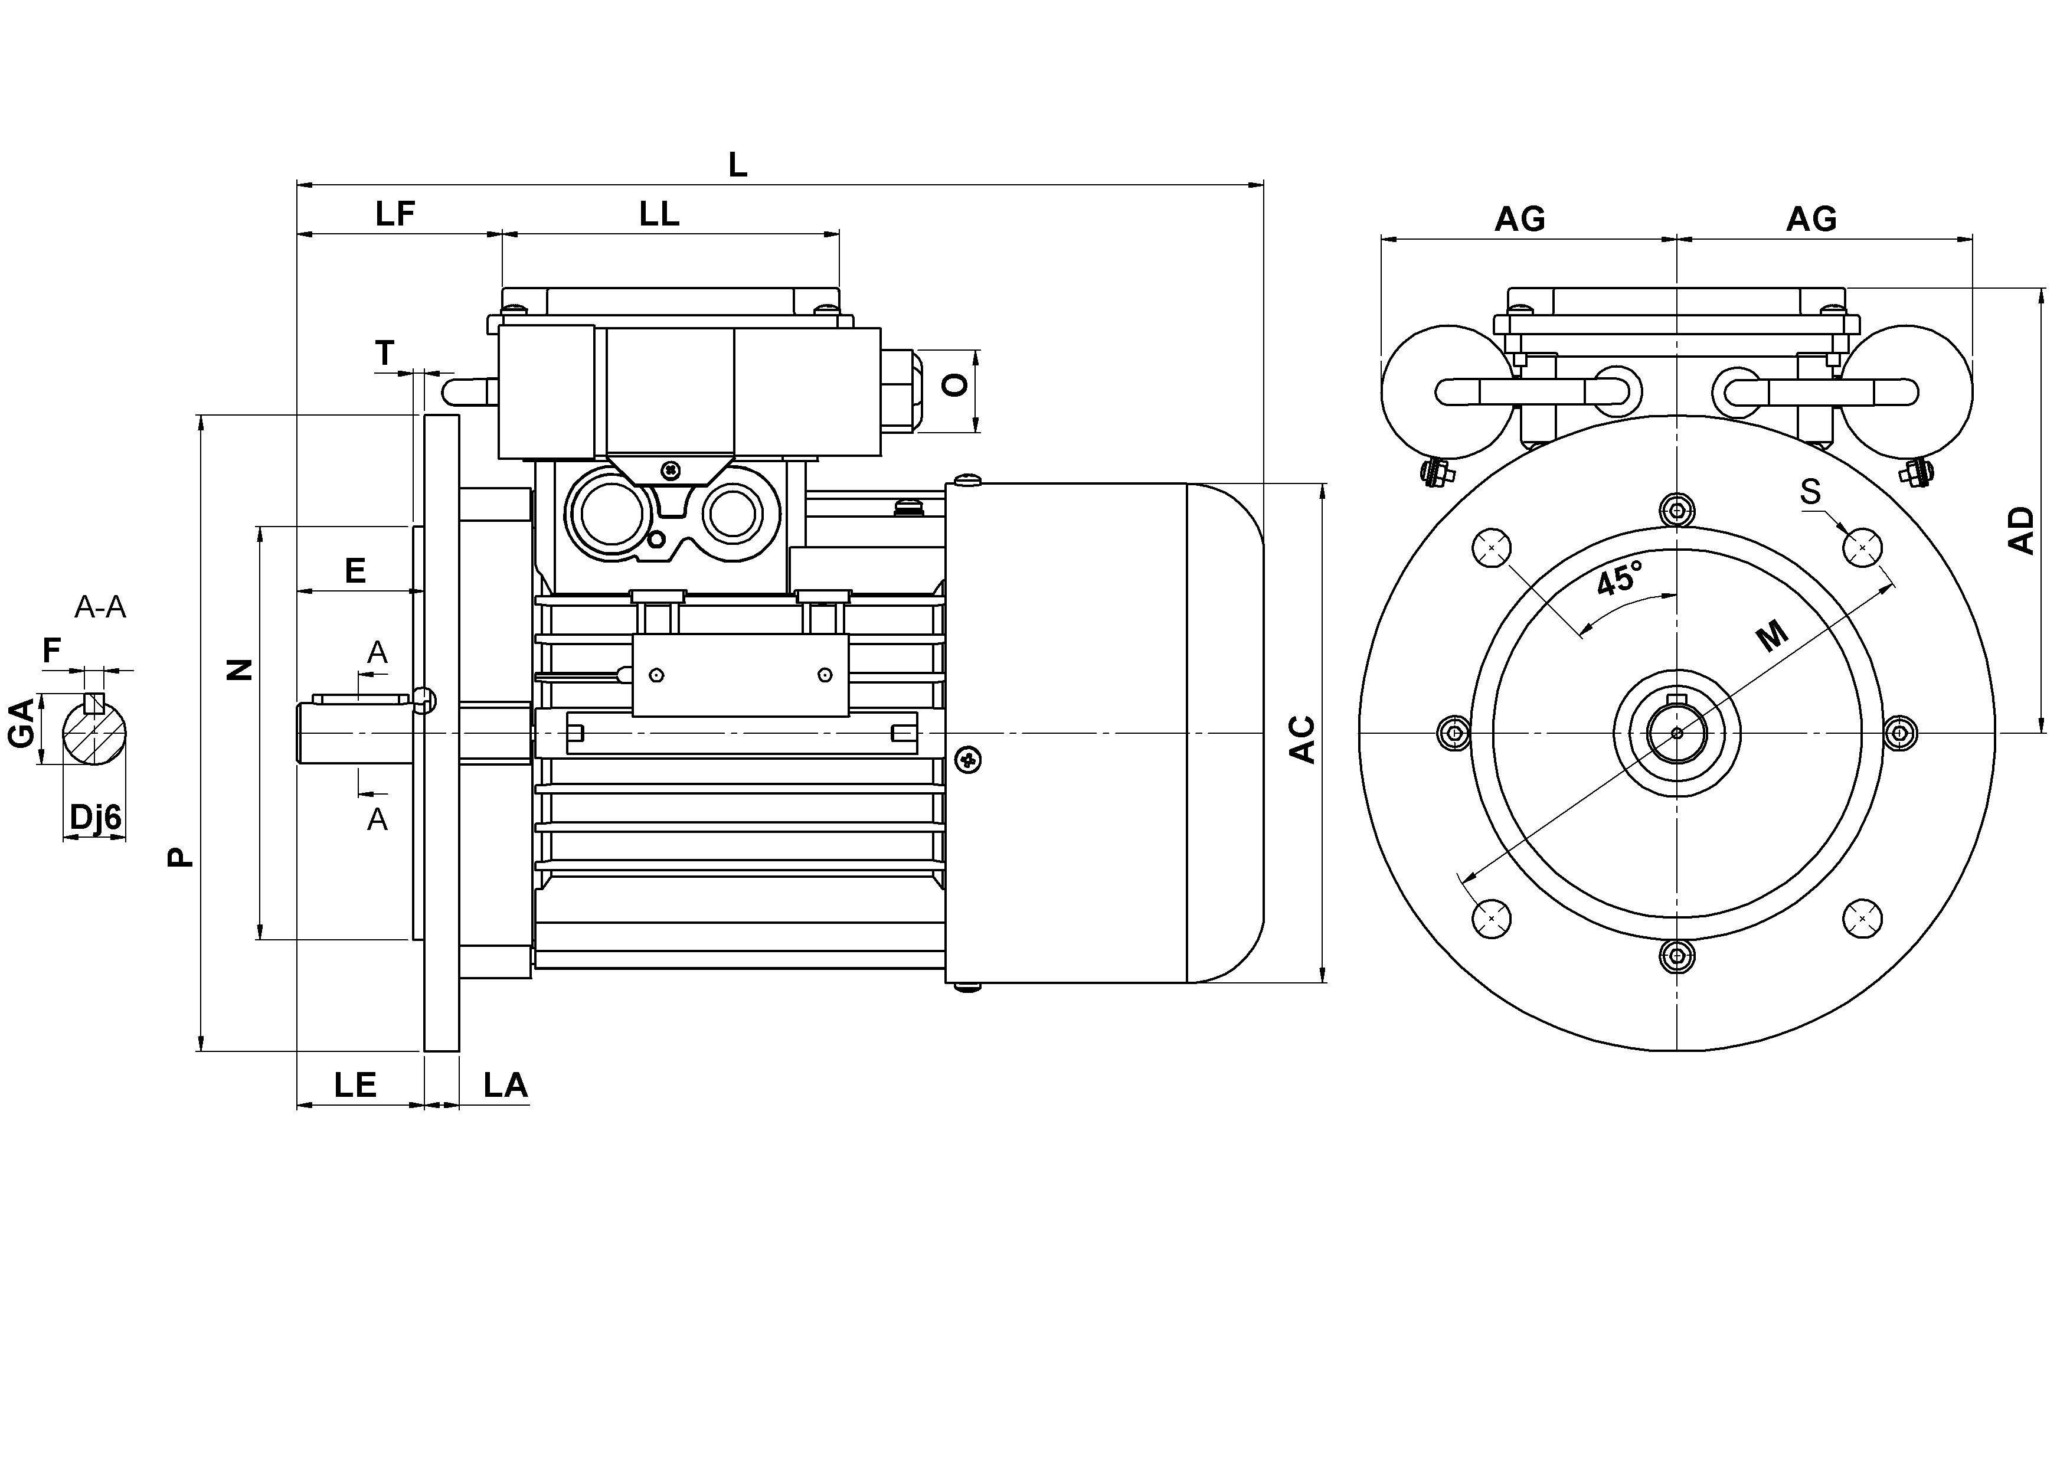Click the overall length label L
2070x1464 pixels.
click(x=737, y=165)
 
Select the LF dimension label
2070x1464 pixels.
click(x=395, y=214)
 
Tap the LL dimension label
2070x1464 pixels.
click(x=659, y=214)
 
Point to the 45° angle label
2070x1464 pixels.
click(x=1619, y=578)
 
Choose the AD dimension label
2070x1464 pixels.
click(x=2022, y=530)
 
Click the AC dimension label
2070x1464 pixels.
click(x=1302, y=739)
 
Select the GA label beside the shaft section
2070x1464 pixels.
click(x=22, y=723)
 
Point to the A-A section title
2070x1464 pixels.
click(x=100, y=607)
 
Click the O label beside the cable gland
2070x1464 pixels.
click(x=955, y=385)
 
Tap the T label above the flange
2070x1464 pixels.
click(x=385, y=352)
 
